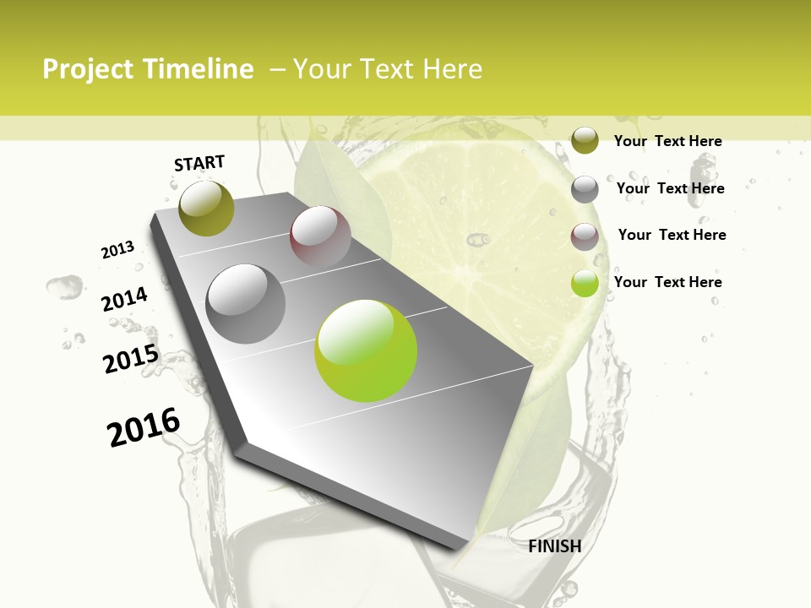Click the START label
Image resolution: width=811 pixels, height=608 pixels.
[199, 163]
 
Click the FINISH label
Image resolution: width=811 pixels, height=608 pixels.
[555, 546]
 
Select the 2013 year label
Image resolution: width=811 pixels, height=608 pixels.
[117, 250]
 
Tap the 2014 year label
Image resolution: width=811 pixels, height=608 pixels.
[124, 300]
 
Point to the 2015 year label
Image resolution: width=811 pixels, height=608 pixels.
[131, 359]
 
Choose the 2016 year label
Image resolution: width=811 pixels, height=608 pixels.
[144, 427]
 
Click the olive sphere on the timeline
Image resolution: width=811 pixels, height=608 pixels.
[206, 208]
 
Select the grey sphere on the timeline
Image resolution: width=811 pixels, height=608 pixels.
[246, 303]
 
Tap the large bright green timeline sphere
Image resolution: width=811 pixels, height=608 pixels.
[366, 350]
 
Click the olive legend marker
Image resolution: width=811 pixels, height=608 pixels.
[585, 141]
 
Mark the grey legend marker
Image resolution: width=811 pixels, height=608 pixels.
[585, 189]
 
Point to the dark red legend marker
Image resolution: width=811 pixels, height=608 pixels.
[585, 236]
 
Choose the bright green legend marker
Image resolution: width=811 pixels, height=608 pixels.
[585, 283]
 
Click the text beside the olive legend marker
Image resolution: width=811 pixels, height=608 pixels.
[667, 141]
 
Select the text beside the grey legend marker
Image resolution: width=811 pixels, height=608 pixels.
[670, 188]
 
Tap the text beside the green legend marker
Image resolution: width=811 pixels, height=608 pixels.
[667, 282]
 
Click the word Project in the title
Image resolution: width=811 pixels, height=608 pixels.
[89, 69]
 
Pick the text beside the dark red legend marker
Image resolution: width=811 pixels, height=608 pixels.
[672, 235]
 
